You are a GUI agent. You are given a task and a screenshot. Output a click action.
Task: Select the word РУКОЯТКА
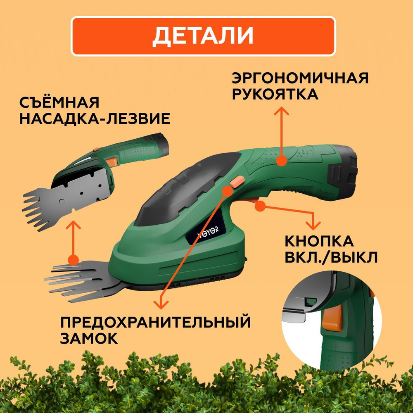(x=275, y=94)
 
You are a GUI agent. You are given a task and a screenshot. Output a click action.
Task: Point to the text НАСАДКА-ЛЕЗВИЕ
(x=95, y=119)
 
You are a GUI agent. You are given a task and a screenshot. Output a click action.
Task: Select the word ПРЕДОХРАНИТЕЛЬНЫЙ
(x=155, y=322)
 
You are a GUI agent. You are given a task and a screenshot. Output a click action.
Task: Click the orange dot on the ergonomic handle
(x=281, y=160)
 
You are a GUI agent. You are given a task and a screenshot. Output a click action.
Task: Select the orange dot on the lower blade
(x=73, y=260)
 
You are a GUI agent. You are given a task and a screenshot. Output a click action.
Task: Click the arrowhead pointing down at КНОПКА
(x=314, y=225)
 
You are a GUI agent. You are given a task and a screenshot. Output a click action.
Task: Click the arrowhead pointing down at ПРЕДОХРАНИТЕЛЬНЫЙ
(x=161, y=304)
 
